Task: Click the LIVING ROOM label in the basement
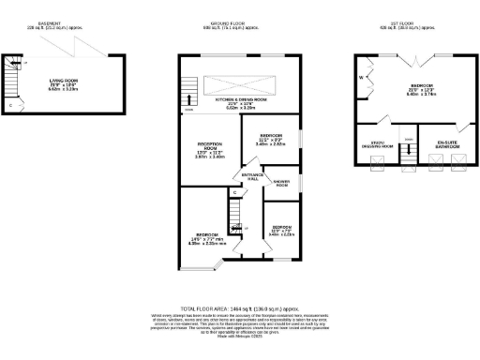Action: [64, 82]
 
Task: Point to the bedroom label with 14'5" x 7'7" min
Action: [207, 235]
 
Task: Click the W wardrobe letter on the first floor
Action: [360, 79]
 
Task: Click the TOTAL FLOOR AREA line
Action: [240, 307]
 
